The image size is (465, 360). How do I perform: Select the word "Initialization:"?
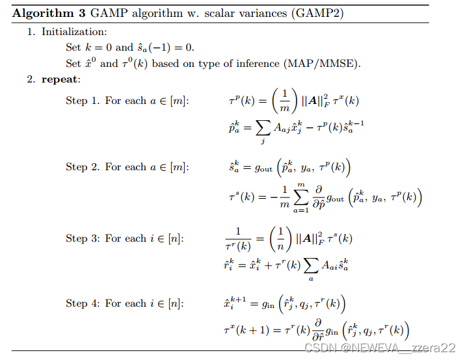(75, 32)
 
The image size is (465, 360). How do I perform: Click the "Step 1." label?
(83, 101)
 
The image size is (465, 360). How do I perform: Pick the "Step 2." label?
(83, 167)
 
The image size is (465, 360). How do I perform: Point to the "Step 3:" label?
(83, 238)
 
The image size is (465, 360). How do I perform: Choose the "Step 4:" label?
(83, 303)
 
